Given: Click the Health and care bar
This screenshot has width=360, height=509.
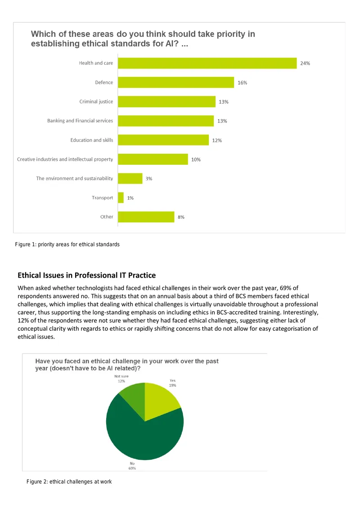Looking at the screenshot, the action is (x=207, y=63).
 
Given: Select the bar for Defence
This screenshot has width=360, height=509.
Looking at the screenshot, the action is (x=176, y=82).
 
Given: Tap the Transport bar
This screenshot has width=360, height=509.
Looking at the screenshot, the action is (x=121, y=198).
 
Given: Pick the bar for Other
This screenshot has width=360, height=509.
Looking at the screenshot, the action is (x=146, y=217).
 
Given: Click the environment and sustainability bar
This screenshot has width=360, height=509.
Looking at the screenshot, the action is (x=130, y=179).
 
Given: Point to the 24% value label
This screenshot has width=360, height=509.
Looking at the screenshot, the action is (x=305, y=63).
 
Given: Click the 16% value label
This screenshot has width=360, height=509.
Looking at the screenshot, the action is (x=242, y=83).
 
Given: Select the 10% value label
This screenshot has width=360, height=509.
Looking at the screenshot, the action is (x=196, y=159).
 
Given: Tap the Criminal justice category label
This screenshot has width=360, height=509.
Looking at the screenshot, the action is (x=96, y=102).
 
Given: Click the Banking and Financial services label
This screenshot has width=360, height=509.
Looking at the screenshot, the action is (x=80, y=121).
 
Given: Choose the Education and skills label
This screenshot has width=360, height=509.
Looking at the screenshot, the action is (x=92, y=140).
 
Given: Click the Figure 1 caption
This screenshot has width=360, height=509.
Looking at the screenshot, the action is (x=67, y=244).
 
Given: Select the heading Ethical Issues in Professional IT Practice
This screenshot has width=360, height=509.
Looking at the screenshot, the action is (x=87, y=275).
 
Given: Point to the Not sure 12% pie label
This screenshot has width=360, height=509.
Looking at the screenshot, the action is (x=121, y=379).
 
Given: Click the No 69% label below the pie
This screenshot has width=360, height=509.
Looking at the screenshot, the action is (x=132, y=466).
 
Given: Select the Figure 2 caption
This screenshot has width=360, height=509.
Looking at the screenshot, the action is (x=69, y=482).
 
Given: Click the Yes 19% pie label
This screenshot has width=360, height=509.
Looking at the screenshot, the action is (x=172, y=383).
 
